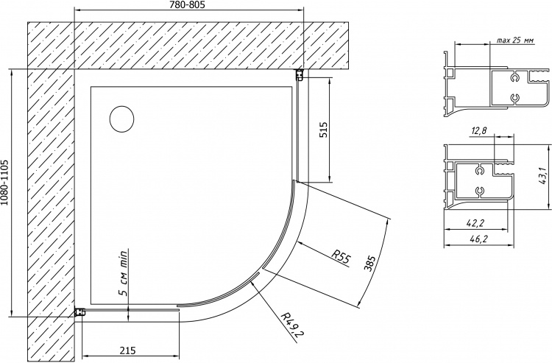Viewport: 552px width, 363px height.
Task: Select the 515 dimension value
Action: (323, 130)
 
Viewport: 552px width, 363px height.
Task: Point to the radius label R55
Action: (341, 258)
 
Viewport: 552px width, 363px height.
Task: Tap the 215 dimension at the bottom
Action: (127, 350)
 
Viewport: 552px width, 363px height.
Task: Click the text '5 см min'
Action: (123, 273)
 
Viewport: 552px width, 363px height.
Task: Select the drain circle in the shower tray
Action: (121, 119)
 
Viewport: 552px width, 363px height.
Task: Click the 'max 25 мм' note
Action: (515, 40)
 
